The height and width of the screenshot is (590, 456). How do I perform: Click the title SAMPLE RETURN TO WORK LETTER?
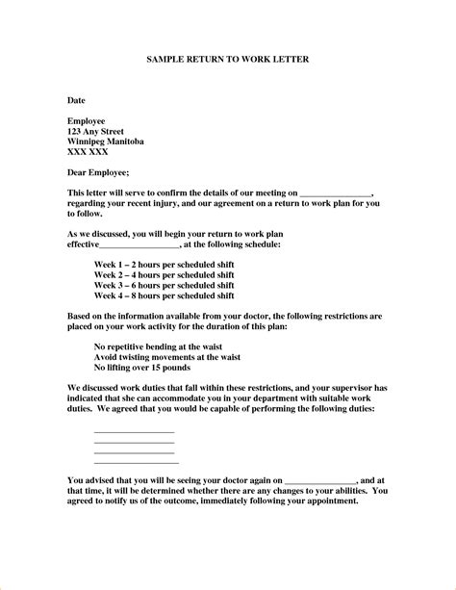(227, 59)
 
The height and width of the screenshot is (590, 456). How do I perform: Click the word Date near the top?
(76, 100)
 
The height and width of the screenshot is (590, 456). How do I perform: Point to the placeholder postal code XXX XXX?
(89, 152)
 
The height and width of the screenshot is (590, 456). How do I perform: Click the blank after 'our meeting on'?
(336, 194)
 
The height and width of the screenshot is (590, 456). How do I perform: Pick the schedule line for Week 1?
(164, 263)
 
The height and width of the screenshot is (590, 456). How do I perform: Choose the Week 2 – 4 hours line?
(164, 273)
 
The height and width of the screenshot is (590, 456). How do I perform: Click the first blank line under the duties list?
(134, 431)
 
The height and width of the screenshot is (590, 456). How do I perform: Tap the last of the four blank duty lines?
(136, 463)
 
